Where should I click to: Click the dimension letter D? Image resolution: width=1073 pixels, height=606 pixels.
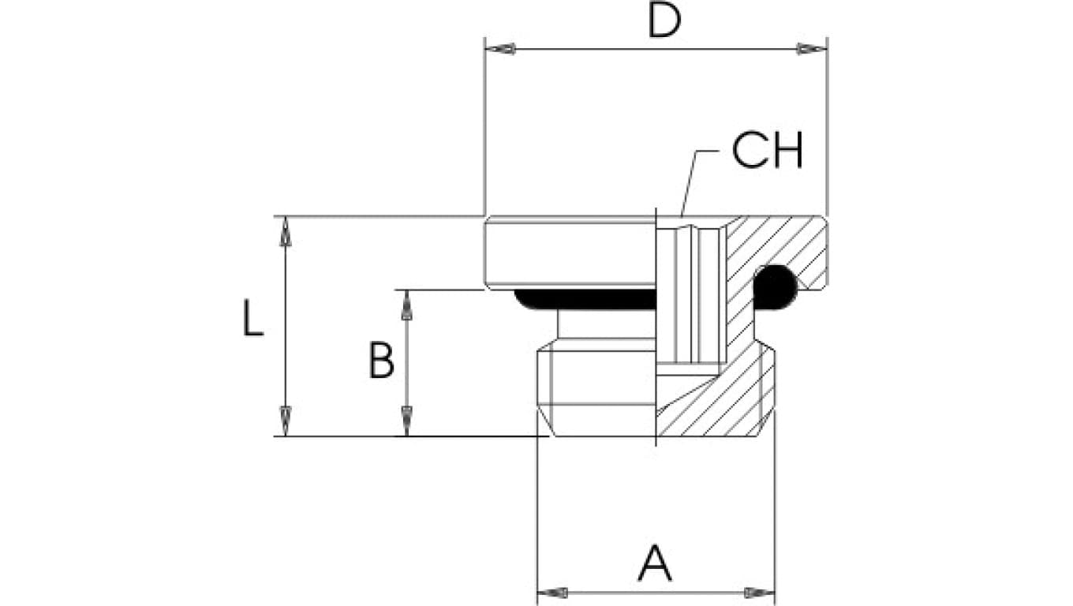pos(664,22)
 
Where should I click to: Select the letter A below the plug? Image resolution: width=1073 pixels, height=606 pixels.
pos(655,563)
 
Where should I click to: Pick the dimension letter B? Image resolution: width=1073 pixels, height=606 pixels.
pos(382,361)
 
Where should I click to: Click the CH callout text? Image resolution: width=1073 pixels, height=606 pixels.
pos(767,151)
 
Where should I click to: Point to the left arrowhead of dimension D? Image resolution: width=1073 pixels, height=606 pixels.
pos(500,49)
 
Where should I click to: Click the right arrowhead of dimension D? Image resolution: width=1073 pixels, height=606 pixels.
pos(811,49)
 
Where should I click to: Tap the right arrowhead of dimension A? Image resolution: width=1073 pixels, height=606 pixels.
pos(759,593)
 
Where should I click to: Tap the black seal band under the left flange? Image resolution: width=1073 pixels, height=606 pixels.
pos(584,299)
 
